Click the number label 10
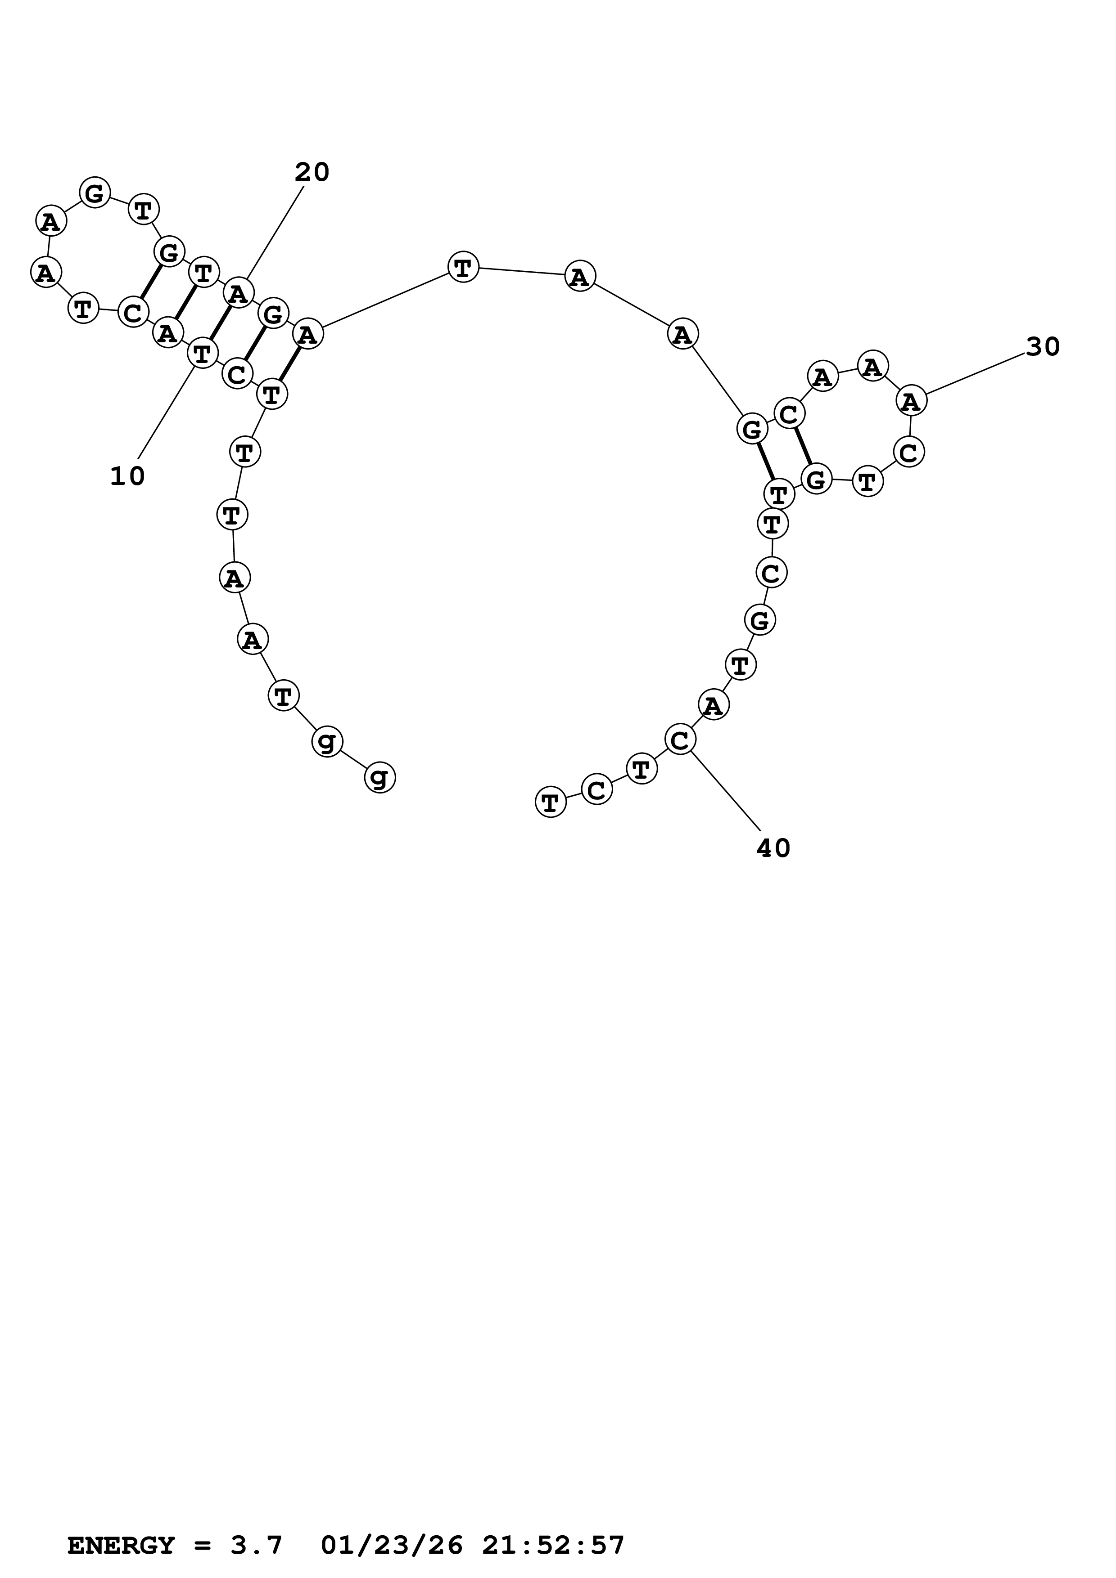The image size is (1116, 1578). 128,476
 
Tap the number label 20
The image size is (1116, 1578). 312,172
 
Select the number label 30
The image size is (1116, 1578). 1043,348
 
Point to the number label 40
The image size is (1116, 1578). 773,849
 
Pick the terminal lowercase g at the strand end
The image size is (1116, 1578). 380,777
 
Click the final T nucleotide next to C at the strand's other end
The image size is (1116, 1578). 550,802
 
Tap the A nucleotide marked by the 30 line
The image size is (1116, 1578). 912,401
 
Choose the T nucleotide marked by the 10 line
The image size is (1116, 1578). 202,354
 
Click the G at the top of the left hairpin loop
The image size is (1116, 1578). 95,193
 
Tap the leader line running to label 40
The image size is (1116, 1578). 725,790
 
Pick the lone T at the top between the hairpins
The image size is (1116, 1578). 463,267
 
